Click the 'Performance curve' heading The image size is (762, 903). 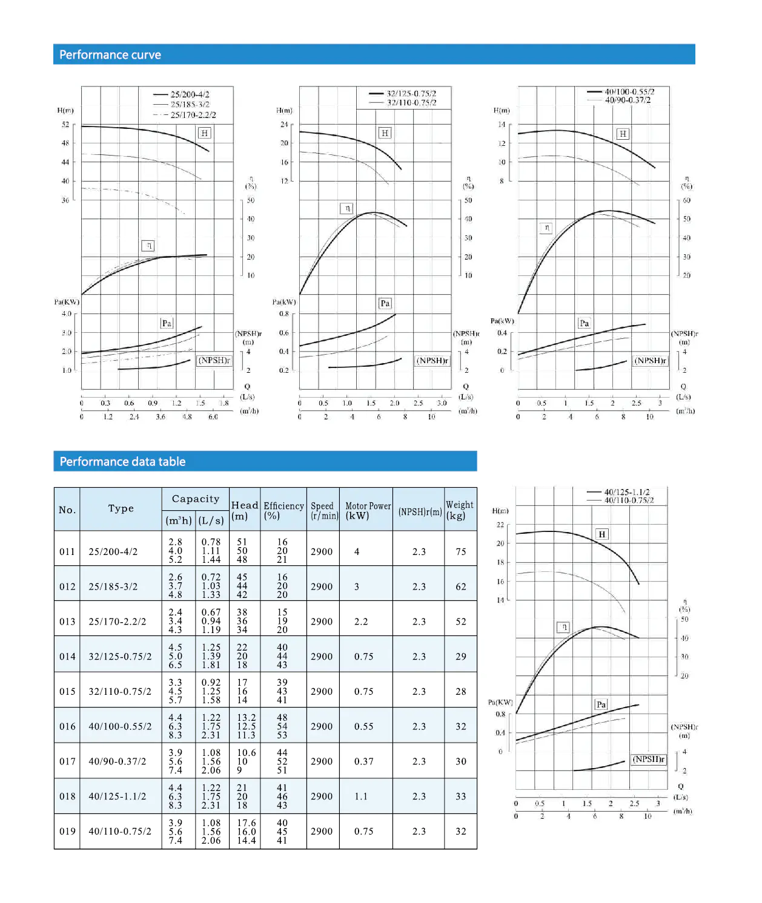pos(110,55)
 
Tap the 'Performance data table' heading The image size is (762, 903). pos(122,462)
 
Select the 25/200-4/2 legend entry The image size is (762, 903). pos(190,94)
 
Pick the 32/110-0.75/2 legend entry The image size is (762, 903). pos(411,103)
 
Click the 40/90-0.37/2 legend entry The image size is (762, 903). pos(628,100)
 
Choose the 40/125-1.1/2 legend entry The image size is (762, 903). pos(627,492)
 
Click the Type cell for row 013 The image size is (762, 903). pos(117,622)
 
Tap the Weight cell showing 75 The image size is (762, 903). pos(461,551)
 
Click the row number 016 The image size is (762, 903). pos(67,726)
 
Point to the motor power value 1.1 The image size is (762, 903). pos(361,796)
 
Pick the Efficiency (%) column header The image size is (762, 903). pos(283,510)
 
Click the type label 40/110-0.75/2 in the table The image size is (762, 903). pos(120,832)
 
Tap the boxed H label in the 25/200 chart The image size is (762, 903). pos(204,133)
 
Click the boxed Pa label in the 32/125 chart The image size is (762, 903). pos(385,303)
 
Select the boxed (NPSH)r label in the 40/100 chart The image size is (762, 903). pos(650,361)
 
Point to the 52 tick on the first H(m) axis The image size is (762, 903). pos(65,125)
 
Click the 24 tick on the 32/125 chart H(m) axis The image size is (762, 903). pos(283,125)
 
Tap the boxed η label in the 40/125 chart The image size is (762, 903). pos(564,627)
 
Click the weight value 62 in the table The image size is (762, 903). pos(461,586)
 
